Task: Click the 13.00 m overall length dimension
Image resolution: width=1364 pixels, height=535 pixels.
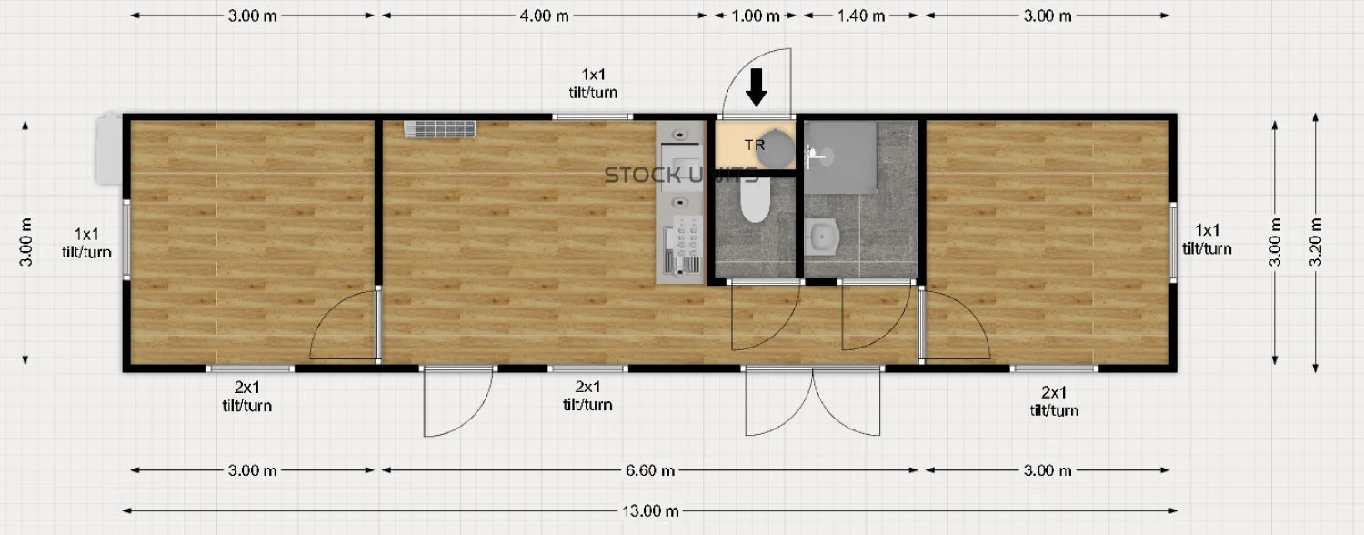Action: tap(650, 510)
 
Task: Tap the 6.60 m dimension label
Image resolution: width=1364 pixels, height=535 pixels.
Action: tap(650, 470)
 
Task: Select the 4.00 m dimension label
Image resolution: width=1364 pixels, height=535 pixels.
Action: tap(544, 15)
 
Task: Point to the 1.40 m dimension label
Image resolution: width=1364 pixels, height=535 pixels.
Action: tap(860, 15)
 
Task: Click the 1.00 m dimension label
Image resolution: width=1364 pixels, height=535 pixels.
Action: tap(755, 15)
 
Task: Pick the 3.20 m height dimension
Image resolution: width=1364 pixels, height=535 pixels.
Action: tap(1315, 242)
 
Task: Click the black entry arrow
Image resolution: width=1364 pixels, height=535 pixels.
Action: tap(757, 87)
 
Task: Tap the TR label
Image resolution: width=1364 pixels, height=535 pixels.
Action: tap(755, 145)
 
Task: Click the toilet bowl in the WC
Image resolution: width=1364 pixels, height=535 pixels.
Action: tap(755, 200)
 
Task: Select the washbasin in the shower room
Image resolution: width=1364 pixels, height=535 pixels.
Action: tap(823, 237)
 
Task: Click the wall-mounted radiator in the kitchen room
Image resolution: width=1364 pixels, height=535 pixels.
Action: tap(439, 129)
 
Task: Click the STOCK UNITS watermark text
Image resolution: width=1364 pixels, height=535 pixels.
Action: tap(681, 176)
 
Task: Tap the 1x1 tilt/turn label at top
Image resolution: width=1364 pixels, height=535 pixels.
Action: tap(593, 84)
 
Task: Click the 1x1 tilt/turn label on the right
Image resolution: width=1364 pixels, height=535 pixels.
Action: tap(1207, 239)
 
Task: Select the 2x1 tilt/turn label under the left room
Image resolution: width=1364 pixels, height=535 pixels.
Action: tap(246, 396)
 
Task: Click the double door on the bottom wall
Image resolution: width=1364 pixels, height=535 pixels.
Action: tap(813, 401)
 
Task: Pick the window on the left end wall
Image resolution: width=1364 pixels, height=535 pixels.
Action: tap(126, 239)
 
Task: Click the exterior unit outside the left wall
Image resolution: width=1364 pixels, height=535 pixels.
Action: tap(109, 148)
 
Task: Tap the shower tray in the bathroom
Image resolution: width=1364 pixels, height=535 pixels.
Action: tap(841, 157)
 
